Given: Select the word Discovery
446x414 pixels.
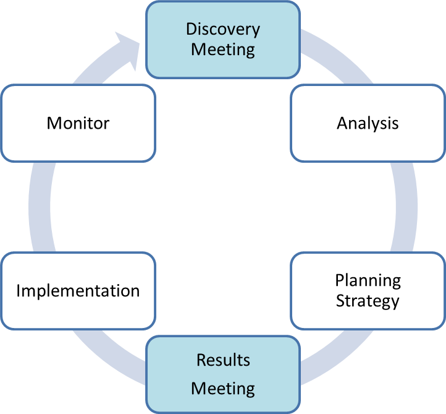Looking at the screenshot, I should tap(223, 29).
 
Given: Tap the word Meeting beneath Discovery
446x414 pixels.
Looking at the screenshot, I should tap(223, 50).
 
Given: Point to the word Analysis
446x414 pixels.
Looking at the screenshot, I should tap(368, 123).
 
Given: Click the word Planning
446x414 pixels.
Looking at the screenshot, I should tap(368, 280).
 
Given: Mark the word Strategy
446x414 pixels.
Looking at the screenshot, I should tap(368, 301).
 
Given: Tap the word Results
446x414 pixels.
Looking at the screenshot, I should tap(223, 360).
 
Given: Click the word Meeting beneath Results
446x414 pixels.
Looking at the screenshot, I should tap(223, 389).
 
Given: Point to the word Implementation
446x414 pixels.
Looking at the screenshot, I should tap(78, 291).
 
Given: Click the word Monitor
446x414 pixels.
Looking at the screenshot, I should tap(78, 123).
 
